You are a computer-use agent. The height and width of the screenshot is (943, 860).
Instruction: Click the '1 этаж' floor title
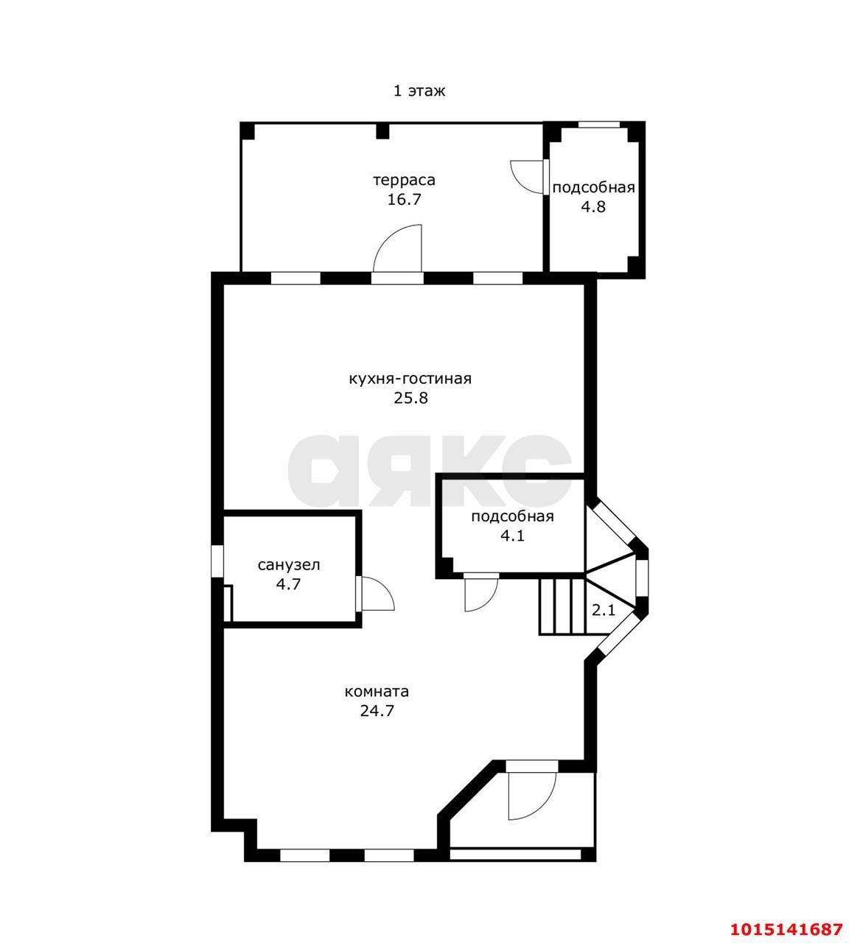point(419,91)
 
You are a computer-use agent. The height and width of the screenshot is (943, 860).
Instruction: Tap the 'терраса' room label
point(404,180)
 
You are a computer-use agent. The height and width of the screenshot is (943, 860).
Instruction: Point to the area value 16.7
point(404,200)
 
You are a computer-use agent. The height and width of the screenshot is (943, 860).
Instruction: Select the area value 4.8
point(593,206)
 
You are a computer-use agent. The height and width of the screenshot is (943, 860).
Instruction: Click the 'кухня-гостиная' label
point(410,379)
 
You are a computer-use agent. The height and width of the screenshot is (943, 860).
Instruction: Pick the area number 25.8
point(410,398)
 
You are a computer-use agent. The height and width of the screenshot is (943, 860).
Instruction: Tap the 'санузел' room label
point(288,564)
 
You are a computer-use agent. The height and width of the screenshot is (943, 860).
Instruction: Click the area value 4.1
point(512,536)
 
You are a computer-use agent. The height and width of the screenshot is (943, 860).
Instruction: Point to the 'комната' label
point(377,692)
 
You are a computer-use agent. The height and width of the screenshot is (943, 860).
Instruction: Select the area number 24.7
point(377,710)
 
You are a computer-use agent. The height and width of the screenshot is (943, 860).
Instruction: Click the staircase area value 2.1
point(604,610)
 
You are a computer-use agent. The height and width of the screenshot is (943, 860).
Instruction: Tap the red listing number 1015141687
point(786,929)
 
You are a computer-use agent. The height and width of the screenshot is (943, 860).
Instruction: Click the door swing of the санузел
point(376,594)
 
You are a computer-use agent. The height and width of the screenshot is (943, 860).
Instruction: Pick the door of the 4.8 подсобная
point(528,177)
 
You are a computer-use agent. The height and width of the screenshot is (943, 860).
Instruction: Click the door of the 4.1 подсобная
point(480,592)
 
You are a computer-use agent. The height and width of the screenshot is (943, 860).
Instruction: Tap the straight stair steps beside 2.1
point(562,607)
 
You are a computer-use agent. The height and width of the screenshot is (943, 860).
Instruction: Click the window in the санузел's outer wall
point(217,560)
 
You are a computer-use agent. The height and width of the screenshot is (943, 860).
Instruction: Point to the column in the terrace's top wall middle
point(382,130)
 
